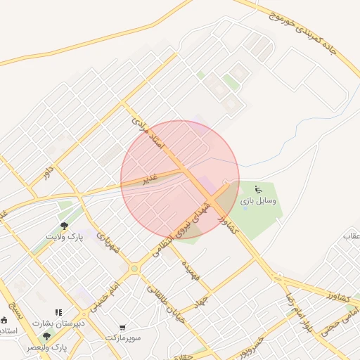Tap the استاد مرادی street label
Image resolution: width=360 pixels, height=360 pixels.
click(148, 134)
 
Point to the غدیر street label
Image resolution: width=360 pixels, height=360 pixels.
click(149, 179)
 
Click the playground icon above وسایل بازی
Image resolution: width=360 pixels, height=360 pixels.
click(258, 188)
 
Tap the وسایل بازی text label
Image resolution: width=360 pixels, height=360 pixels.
click(258, 201)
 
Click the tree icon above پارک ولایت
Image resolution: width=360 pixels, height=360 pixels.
click(64, 226)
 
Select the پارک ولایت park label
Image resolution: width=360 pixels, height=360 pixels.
click(64, 237)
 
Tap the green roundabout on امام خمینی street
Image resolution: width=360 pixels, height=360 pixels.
click(134, 268)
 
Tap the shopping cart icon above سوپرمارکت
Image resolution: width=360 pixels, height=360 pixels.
click(124, 327)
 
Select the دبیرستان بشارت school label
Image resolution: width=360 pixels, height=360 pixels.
click(60, 323)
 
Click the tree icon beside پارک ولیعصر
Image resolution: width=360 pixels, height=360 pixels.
click(47, 337)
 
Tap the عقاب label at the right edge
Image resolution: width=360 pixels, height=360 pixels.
click(351, 236)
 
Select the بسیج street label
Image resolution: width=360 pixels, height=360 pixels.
click(16, 311)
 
